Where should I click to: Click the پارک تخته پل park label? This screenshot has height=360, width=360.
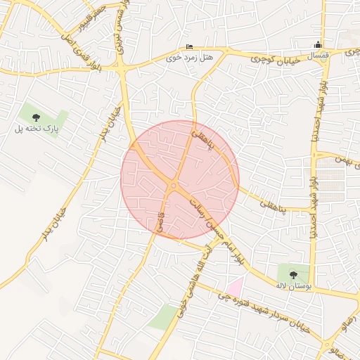click(x=39, y=129)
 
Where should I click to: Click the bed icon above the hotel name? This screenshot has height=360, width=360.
click(x=188, y=46)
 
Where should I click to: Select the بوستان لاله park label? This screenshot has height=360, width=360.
click(x=291, y=285)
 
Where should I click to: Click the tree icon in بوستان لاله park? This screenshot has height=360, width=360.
click(x=292, y=274)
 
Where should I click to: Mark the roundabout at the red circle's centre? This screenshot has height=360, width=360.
click(x=173, y=186)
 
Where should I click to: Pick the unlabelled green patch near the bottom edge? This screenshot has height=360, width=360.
click(x=164, y=317)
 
